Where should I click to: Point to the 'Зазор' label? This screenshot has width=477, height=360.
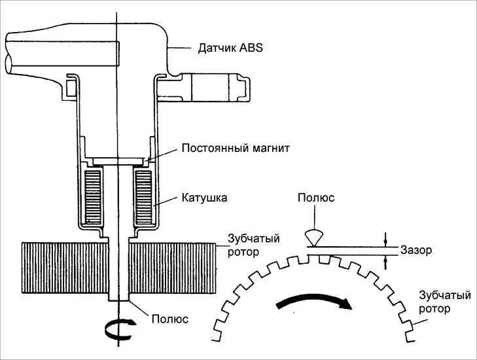(x=416, y=250)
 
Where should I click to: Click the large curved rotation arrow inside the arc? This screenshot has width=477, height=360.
(x=313, y=302)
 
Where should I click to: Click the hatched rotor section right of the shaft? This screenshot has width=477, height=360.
(x=173, y=268)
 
